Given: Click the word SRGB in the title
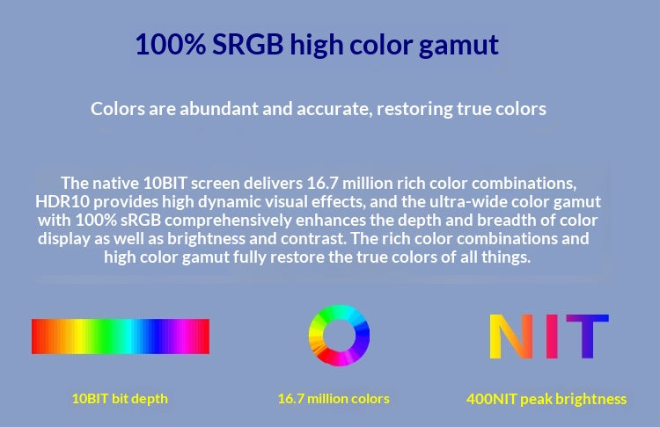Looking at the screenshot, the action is click(x=247, y=44).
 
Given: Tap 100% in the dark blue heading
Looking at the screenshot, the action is click(x=170, y=44).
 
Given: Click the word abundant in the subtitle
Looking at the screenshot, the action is click(x=218, y=109).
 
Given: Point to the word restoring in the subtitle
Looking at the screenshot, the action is click(x=414, y=109).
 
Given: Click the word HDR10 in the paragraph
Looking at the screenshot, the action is click(x=62, y=202).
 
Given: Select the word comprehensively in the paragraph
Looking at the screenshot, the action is click(x=228, y=221).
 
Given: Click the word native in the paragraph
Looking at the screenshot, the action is click(x=115, y=184).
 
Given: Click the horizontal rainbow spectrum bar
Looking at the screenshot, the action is click(x=121, y=337).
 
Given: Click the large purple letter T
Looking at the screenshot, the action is click(x=588, y=337).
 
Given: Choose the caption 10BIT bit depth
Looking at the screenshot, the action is click(x=120, y=398).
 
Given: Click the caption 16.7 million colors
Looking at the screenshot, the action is click(x=334, y=398).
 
